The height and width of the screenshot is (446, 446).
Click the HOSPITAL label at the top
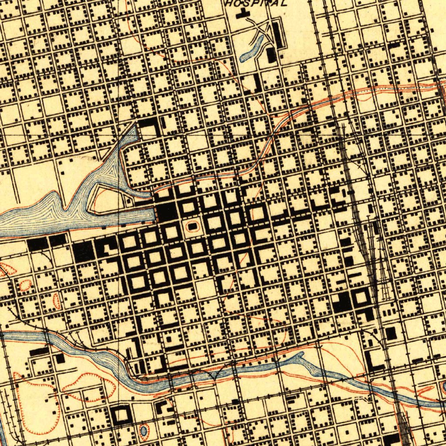pyautogui.click(x=257, y=3)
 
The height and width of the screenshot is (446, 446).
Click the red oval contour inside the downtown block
pyautogui.click(x=192, y=226)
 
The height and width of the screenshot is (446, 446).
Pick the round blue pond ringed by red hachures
pyautogui.click(x=143, y=431)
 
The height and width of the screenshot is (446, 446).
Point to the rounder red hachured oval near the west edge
pyautogui.click(x=26, y=285)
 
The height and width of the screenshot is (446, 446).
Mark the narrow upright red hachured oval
pyautogui.click(x=56, y=301)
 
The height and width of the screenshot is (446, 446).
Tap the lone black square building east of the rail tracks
pyautogui.click(x=391, y=333)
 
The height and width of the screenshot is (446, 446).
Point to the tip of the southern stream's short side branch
pyautogui.click(x=301, y=355)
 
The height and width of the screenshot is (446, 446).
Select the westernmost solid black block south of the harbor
pyautogui.click(x=37, y=244)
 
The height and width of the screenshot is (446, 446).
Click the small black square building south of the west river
pyautogui.click(x=60, y=358)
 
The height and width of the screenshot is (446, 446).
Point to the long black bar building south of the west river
pyautogui.click(x=39, y=351)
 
